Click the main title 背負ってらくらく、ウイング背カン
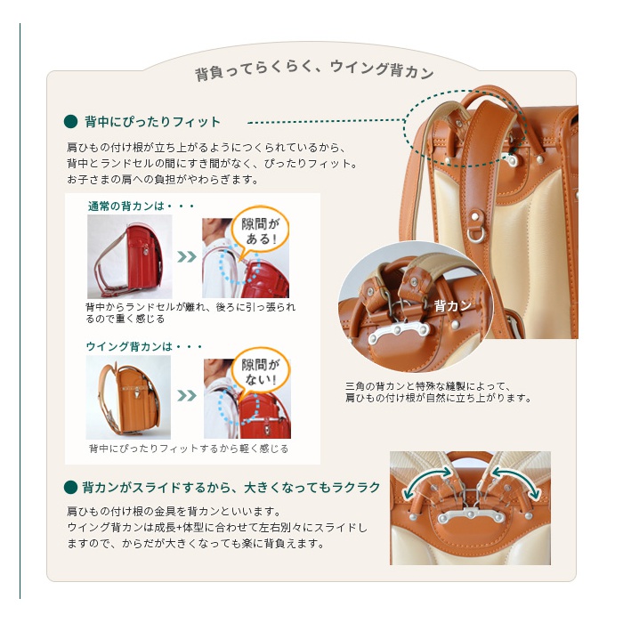314,70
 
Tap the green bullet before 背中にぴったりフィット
70,122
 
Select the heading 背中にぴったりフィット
152,122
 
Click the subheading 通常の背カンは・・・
141,206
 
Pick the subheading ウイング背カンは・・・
144,346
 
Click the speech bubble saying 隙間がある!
260,231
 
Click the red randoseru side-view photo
130,256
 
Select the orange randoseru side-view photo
128,397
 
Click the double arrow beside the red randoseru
187,256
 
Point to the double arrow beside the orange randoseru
187,396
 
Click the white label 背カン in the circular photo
452,305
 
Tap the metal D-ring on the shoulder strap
476,235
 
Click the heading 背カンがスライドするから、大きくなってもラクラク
231,487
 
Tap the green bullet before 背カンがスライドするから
70,487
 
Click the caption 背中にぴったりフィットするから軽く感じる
189,449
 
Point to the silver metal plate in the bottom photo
471,515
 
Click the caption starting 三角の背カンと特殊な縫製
438,392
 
